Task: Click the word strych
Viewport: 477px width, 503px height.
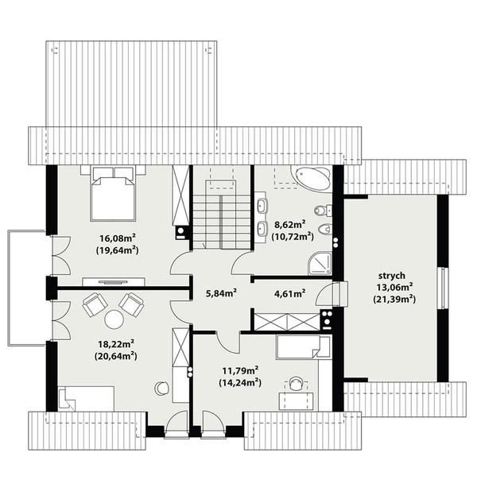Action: coord(392,276)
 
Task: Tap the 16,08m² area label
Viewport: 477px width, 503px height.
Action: coord(117,238)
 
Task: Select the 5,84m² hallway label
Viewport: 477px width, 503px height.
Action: coord(221,293)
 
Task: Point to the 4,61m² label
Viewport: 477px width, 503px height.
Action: coord(289,293)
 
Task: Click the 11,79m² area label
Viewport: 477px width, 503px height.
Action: coord(241,371)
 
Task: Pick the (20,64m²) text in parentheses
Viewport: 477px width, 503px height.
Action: coord(116,356)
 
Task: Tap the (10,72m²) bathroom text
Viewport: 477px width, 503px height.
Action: coord(293,237)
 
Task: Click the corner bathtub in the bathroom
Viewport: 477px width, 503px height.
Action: coord(311,177)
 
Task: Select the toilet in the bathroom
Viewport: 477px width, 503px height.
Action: coord(323,211)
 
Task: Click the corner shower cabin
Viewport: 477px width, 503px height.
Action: coord(320,263)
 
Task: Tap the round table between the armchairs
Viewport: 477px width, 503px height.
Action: coord(114,319)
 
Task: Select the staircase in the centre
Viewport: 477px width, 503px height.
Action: coord(222,215)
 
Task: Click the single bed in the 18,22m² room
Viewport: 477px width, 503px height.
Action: coord(86,398)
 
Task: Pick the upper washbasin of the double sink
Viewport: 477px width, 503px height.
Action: coord(262,206)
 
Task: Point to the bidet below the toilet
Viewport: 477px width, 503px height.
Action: coord(324,230)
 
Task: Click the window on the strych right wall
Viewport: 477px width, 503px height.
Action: coord(443,288)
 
